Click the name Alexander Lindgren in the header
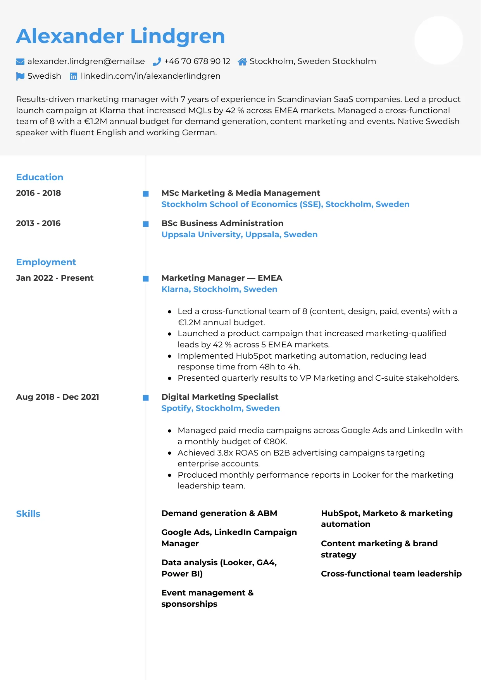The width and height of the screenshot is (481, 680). (x=121, y=36)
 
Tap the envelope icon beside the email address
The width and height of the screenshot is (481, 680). (x=20, y=62)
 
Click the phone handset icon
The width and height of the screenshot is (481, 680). (x=157, y=62)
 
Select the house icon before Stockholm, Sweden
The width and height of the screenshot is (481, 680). (x=242, y=62)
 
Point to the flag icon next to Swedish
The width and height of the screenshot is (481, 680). (x=20, y=76)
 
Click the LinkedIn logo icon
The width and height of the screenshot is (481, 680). (x=73, y=76)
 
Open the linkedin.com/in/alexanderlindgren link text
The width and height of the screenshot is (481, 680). (x=150, y=76)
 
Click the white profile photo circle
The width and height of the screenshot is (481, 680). (x=438, y=40)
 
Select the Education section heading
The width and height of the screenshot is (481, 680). (x=40, y=177)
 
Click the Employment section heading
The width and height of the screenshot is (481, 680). (x=46, y=262)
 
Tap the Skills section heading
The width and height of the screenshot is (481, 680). (x=28, y=514)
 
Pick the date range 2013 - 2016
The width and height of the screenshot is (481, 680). (x=38, y=223)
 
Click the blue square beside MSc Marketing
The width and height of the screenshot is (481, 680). (x=146, y=194)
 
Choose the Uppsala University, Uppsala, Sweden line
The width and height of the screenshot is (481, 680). (x=239, y=235)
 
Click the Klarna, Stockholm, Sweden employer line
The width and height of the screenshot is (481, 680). (x=219, y=289)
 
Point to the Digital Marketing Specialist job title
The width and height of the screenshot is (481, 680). (x=220, y=397)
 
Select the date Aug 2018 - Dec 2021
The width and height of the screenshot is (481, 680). (x=58, y=397)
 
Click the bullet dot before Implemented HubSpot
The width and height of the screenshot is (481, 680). (x=170, y=356)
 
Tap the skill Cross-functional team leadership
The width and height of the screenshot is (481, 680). (x=391, y=574)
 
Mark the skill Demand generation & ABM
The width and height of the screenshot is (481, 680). (x=219, y=513)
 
